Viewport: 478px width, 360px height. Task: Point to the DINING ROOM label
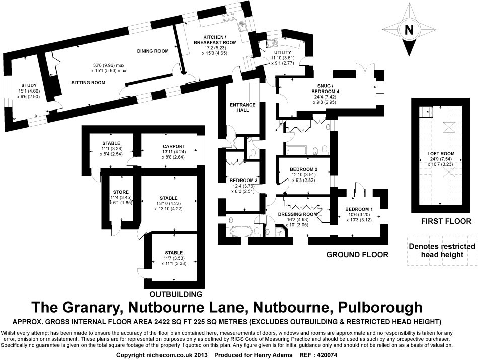pyautogui.click(x=152, y=51)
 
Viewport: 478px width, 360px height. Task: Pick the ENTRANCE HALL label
pyautogui.click(x=242, y=108)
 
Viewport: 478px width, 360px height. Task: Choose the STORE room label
pyautogui.click(x=121, y=192)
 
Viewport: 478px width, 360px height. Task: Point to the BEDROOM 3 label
pyautogui.click(x=244, y=180)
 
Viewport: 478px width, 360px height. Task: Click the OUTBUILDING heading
pyautogui.click(x=176, y=294)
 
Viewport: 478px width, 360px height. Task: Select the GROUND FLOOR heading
pyautogui.click(x=357, y=255)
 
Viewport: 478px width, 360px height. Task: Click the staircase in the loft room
pyautogui.click(x=426, y=110)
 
